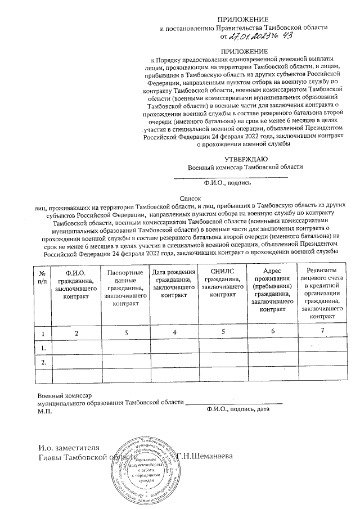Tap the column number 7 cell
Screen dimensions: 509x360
coord(323,331)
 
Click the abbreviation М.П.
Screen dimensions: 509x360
coord(44,412)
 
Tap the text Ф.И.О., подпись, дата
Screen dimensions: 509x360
coord(238,410)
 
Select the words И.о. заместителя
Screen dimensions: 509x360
coord(69,448)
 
